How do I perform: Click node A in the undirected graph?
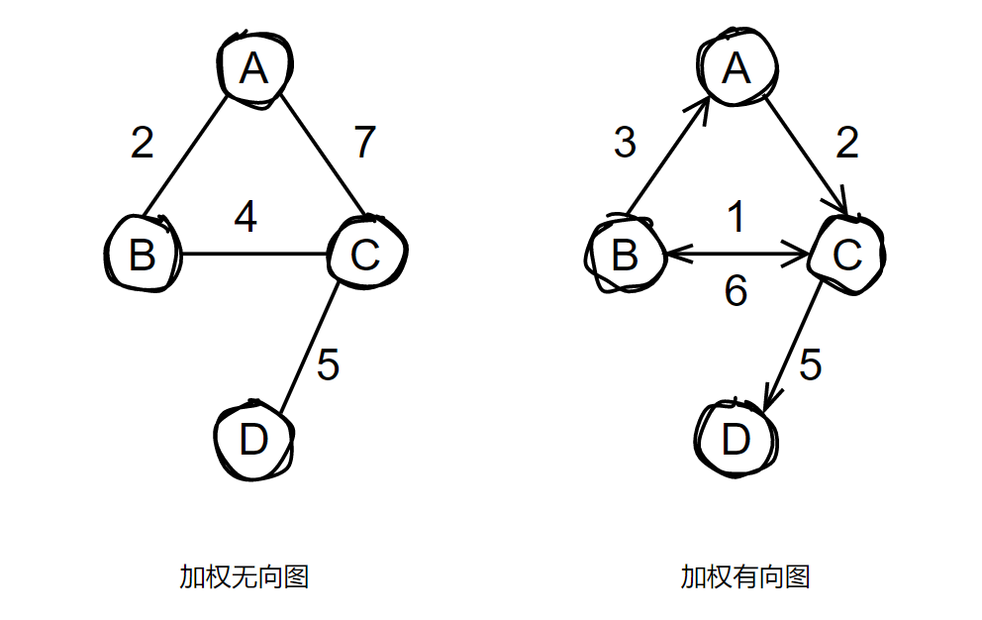pyautogui.click(x=254, y=68)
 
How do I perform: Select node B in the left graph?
pyautogui.click(x=143, y=255)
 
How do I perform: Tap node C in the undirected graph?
pyautogui.click(x=365, y=255)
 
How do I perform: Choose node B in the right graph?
pyautogui.click(x=624, y=255)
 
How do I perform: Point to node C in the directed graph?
pyautogui.click(x=847, y=255)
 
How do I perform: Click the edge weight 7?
pyautogui.click(x=365, y=143)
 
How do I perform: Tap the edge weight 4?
pyautogui.click(x=245, y=217)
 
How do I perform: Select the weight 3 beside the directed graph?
pyautogui.click(x=624, y=143)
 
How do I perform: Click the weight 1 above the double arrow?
pyautogui.click(x=735, y=217)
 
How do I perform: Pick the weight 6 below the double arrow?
pyautogui.click(x=735, y=292)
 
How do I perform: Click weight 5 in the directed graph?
pyautogui.click(x=810, y=366)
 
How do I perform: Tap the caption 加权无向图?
pyautogui.click(x=244, y=576)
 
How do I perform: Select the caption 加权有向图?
pyautogui.click(x=744, y=576)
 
